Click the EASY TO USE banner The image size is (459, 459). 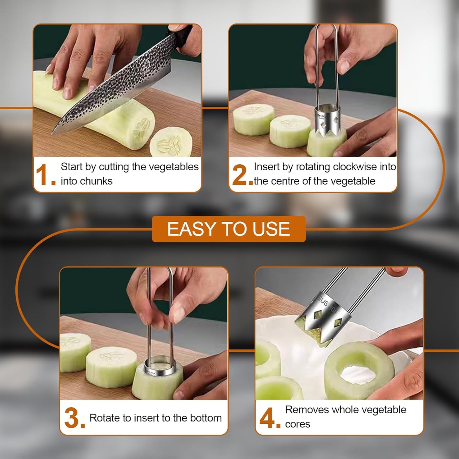point(229,229)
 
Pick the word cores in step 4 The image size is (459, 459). point(298,424)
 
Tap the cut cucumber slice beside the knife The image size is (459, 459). point(171,142)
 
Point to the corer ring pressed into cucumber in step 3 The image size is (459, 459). point(160,365)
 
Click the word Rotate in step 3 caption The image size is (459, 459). point(105,418)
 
